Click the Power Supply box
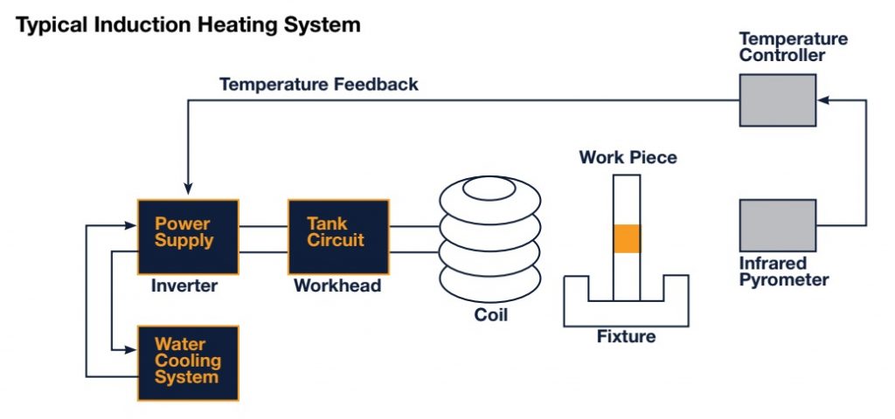coord(187,237)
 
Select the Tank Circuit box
coord(338,237)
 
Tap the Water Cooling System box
coord(187,362)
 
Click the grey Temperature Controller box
coord(777,100)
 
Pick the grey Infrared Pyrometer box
coord(777,225)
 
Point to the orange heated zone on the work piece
coord(627,239)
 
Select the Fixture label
coord(626,337)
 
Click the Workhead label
coord(337,285)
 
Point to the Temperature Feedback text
coord(318,85)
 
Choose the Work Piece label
coord(628,158)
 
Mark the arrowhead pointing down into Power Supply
coord(187,189)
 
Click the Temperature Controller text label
coord(793,47)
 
